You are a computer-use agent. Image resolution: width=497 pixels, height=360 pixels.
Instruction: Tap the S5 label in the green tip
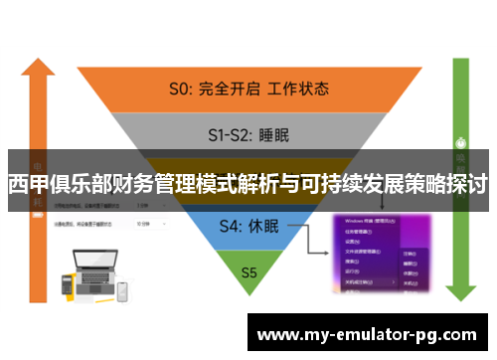248,270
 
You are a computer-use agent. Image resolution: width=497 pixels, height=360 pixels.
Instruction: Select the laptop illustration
90,272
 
